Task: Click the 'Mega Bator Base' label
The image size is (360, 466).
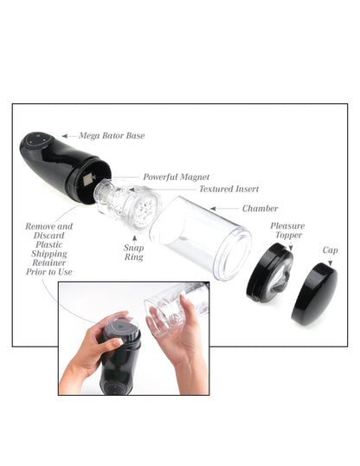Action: point(112,136)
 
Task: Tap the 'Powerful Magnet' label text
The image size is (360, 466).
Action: point(176,177)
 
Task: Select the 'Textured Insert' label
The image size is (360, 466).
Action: point(228,188)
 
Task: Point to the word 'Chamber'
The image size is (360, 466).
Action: point(260,209)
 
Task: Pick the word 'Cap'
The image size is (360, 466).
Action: point(330,250)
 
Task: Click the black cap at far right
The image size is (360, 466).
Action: point(314,294)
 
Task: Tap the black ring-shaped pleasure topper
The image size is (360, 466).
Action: point(268,273)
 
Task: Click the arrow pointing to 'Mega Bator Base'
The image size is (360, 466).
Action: point(67,136)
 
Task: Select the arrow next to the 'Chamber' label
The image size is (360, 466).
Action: point(222,209)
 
